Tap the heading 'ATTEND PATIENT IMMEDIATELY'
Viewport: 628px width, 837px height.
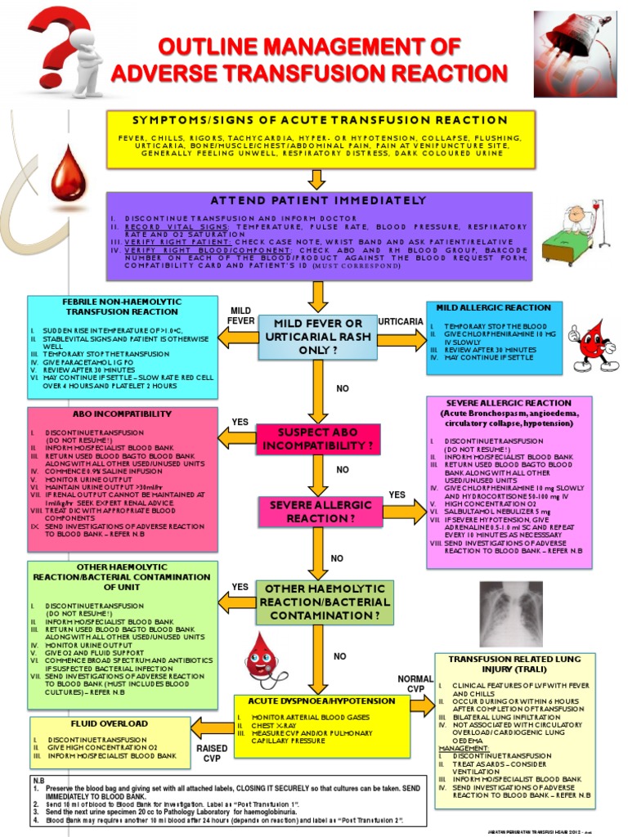tap(318, 200)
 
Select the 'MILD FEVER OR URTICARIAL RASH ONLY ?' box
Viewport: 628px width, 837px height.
tap(318, 337)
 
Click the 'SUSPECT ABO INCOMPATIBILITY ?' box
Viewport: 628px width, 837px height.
tap(318, 439)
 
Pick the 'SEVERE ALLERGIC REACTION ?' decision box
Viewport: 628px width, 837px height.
tap(318, 512)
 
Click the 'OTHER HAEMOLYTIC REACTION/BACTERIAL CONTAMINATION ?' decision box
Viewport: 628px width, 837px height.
tap(325, 602)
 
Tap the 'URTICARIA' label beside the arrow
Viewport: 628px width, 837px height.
tap(401, 321)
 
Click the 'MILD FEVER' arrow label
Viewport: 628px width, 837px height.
tap(240, 316)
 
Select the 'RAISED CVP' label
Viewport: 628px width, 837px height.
tap(212, 753)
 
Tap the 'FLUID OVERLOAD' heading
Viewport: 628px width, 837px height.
tap(109, 724)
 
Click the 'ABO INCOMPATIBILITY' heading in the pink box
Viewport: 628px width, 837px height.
tap(122, 414)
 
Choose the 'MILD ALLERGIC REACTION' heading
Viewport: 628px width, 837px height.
tap(493, 307)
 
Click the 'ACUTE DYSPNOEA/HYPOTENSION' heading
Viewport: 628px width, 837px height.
tap(321, 701)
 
